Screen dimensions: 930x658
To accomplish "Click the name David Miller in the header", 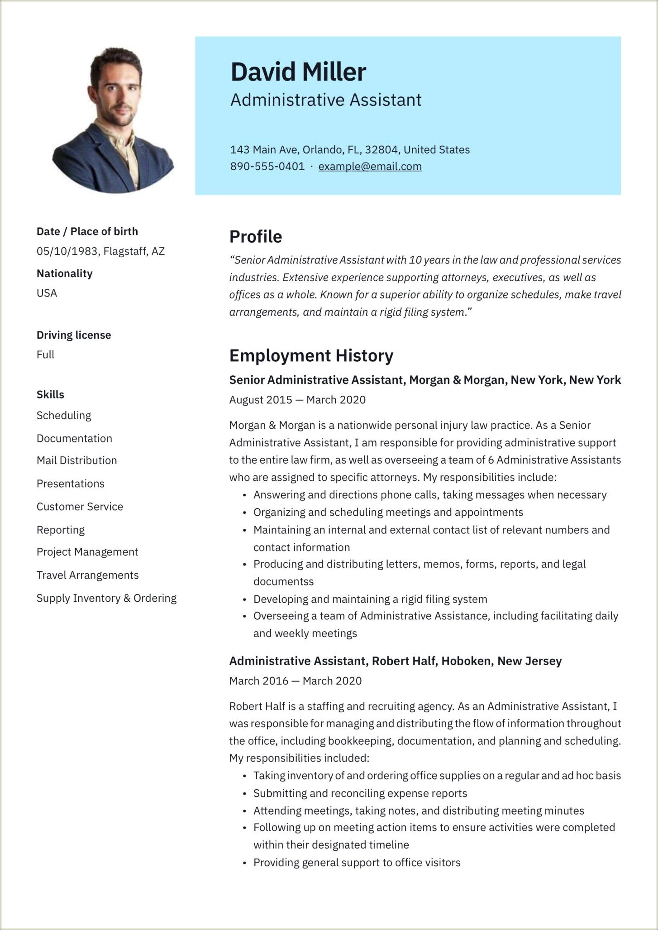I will pyautogui.click(x=298, y=72).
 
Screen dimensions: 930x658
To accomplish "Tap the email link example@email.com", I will pyautogui.click(x=370, y=167).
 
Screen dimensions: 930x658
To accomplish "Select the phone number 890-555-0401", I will pyautogui.click(x=267, y=167).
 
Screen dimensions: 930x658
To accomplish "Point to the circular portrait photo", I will pyautogui.click(x=113, y=120).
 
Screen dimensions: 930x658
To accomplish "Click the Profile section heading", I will pyautogui.click(x=255, y=237).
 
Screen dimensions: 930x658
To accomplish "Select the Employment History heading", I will pyautogui.click(x=311, y=356).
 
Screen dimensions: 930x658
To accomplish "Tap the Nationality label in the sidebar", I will pyautogui.click(x=64, y=273).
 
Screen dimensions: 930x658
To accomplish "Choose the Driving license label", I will pyautogui.click(x=73, y=335).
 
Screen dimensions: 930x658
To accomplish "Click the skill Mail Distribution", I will pyautogui.click(x=76, y=460).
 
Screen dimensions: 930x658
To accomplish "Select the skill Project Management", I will pyautogui.click(x=87, y=552).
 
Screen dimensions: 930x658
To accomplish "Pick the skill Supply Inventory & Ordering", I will pyautogui.click(x=106, y=598).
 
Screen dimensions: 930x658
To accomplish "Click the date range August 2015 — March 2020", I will pyautogui.click(x=297, y=400).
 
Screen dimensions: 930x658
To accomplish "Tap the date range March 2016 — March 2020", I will pyautogui.click(x=295, y=681).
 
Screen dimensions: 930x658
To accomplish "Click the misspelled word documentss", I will pyautogui.click(x=283, y=581).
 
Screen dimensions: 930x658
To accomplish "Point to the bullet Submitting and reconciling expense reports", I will pyautogui.click(x=360, y=793).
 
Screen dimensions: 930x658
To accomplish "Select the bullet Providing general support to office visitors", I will pyautogui.click(x=357, y=863).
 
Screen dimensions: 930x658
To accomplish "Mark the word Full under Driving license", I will pyautogui.click(x=45, y=355).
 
